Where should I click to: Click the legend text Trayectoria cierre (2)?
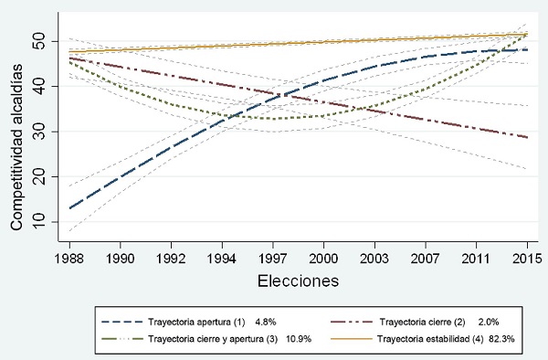[x=417, y=323]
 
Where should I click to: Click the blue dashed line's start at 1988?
[x=69, y=208]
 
